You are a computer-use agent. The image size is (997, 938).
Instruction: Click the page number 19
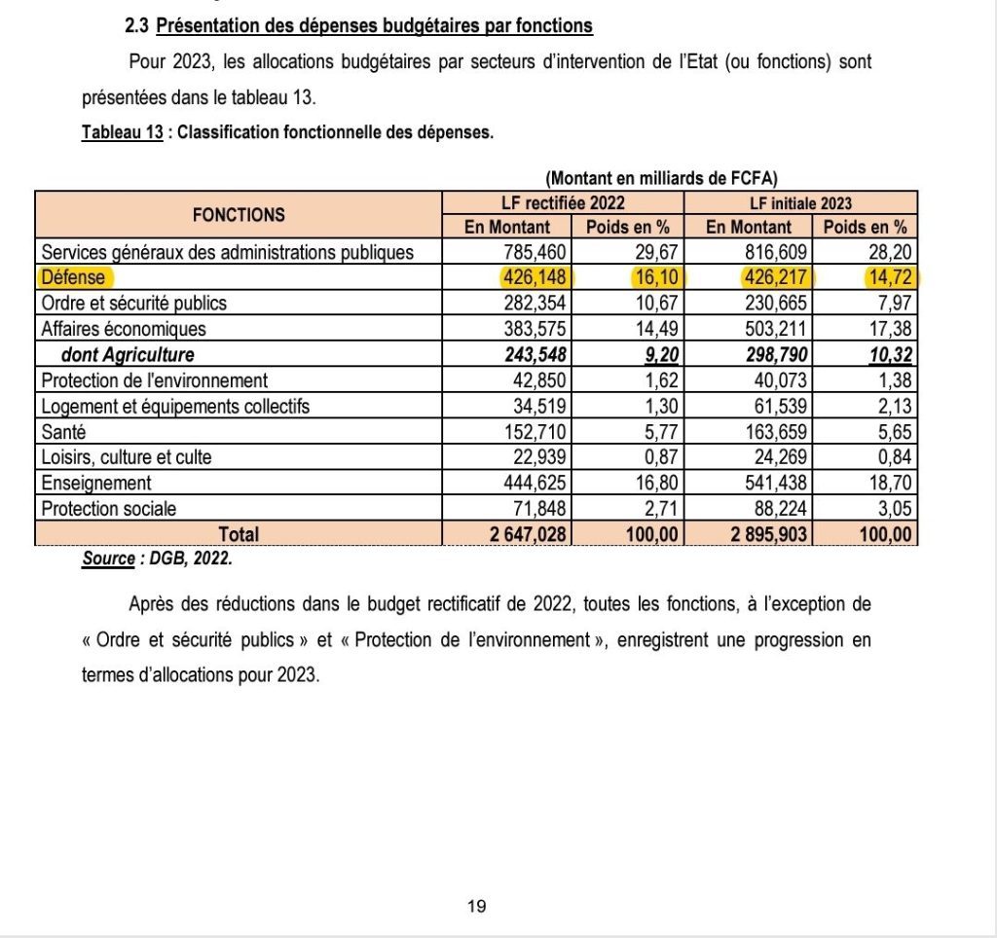(x=476, y=906)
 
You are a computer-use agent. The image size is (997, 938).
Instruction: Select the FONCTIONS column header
(x=239, y=215)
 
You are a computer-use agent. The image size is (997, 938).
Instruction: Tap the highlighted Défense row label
(x=73, y=278)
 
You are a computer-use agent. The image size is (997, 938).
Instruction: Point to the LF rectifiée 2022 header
(x=563, y=203)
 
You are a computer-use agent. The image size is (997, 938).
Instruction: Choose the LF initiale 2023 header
(x=801, y=203)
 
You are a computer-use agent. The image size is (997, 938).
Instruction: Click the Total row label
(x=240, y=534)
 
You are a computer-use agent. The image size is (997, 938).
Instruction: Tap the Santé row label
(x=62, y=432)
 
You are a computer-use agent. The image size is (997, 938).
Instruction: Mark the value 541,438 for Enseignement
(x=774, y=483)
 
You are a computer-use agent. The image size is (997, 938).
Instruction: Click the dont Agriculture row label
(x=127, y=355)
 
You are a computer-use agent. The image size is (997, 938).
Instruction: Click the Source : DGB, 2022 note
(x=158, y=559)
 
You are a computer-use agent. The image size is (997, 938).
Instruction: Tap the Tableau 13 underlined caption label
(x=122, y=133)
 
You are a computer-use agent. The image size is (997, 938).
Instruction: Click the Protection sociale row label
(x=109, y=508)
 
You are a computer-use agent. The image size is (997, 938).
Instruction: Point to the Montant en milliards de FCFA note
(x=662, y=178)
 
